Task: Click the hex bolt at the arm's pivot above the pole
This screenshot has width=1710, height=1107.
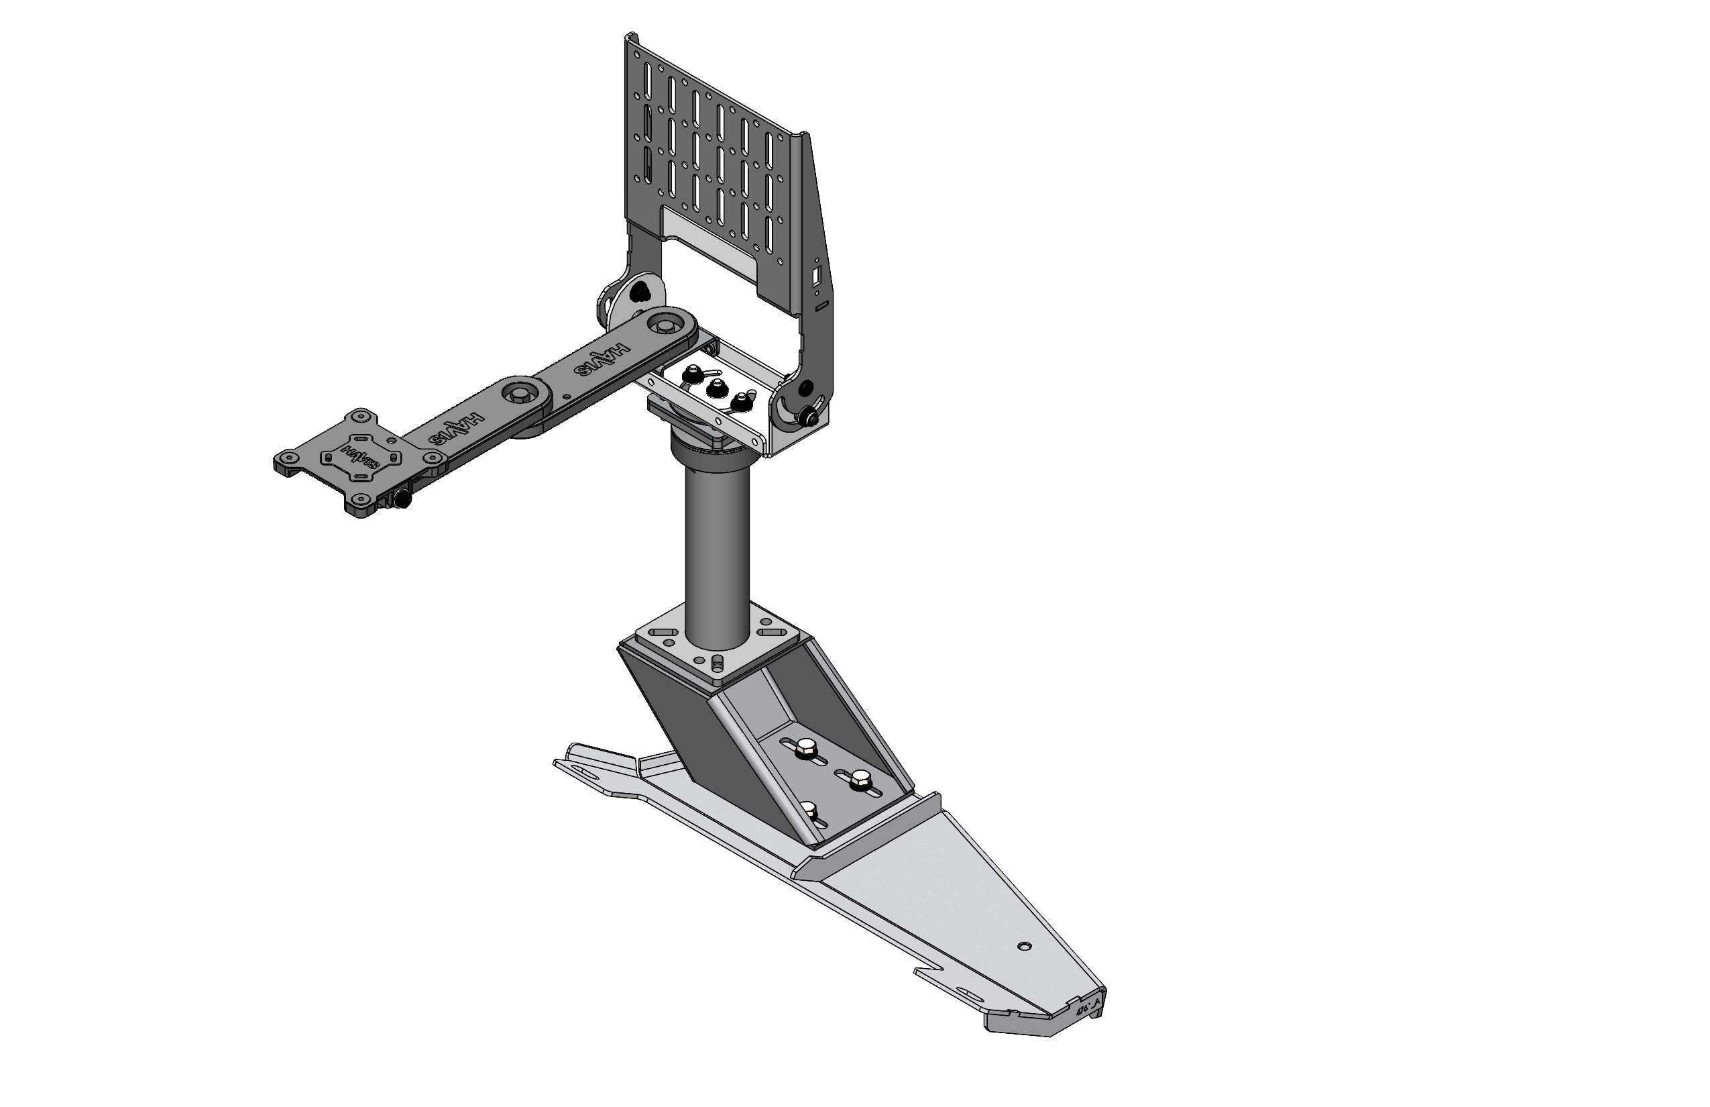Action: [x=662, y=327]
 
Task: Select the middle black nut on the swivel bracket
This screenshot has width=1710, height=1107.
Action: [x=714, y=389]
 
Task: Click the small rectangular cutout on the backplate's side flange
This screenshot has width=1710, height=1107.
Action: [x=817, y=276]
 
